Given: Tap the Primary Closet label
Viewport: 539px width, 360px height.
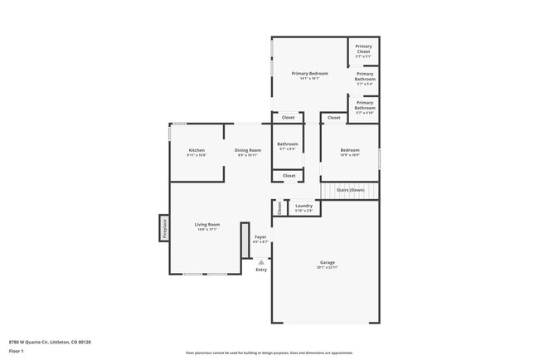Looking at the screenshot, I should point(363,49).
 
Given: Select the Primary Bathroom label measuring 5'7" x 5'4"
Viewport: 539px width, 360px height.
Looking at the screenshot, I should point(365,78).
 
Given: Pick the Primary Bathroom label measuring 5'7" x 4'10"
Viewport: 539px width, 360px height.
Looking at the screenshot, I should point(365,107).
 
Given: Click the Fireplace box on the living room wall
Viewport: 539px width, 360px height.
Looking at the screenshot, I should point(163,227).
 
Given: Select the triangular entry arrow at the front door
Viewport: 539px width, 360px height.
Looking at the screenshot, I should point(261,261).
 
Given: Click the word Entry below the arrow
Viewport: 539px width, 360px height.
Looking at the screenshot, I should point(261,270).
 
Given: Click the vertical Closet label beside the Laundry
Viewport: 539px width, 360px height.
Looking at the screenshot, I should point(279,207).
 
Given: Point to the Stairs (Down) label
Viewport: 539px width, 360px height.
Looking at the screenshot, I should point(350,190).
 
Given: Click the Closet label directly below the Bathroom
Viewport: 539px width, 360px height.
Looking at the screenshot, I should point(289,176).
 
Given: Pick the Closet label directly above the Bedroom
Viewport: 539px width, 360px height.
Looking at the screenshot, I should point(333,118).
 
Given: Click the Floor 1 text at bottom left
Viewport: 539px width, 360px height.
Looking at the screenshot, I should point(17,351).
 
